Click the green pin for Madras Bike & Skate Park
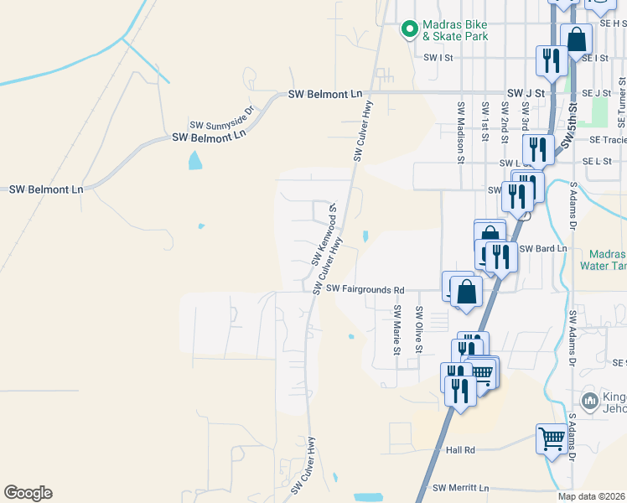coord(409,29)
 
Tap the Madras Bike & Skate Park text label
coord(454,30)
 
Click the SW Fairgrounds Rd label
coord(365,289)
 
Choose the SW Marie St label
coord(397,329)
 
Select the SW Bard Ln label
coord(543,249)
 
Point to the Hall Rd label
coord(461,450)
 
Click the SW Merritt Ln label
coord(460,487)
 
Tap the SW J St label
coord(526,93)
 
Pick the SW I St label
coord(438,58)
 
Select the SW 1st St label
coord(484,122)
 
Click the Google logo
coord(28,493)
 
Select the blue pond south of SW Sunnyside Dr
coord(195,160)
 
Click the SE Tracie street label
coord(607,140)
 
